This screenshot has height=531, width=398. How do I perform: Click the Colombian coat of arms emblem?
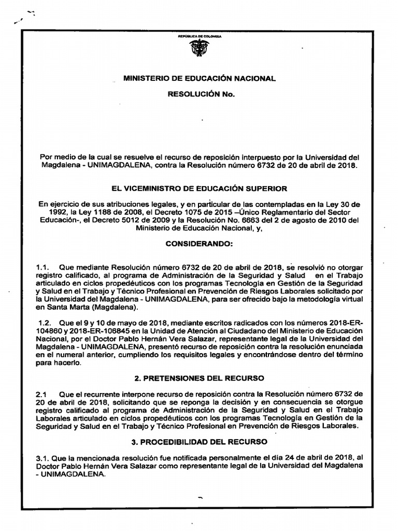[199, 49]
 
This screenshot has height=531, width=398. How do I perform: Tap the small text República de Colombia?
[200, 36]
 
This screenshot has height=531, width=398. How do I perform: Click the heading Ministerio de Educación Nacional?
[199, 78]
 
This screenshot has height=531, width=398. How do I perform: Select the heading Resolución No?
[200, 95]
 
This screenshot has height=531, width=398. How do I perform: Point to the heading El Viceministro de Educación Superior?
[199, 189]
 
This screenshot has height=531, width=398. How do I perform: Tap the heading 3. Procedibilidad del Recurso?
[199, 442]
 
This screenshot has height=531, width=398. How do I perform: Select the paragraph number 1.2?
[44, 323]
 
